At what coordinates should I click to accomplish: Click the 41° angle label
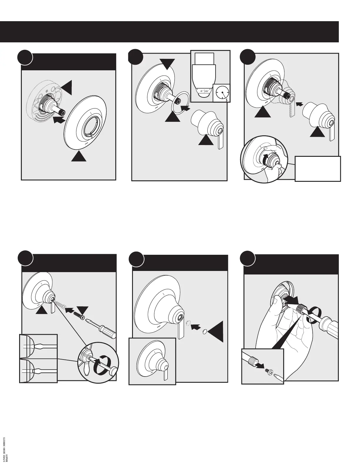(201, 91)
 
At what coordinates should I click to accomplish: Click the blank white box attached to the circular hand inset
(318, 169)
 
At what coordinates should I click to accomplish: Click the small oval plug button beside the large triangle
(203, 332)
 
